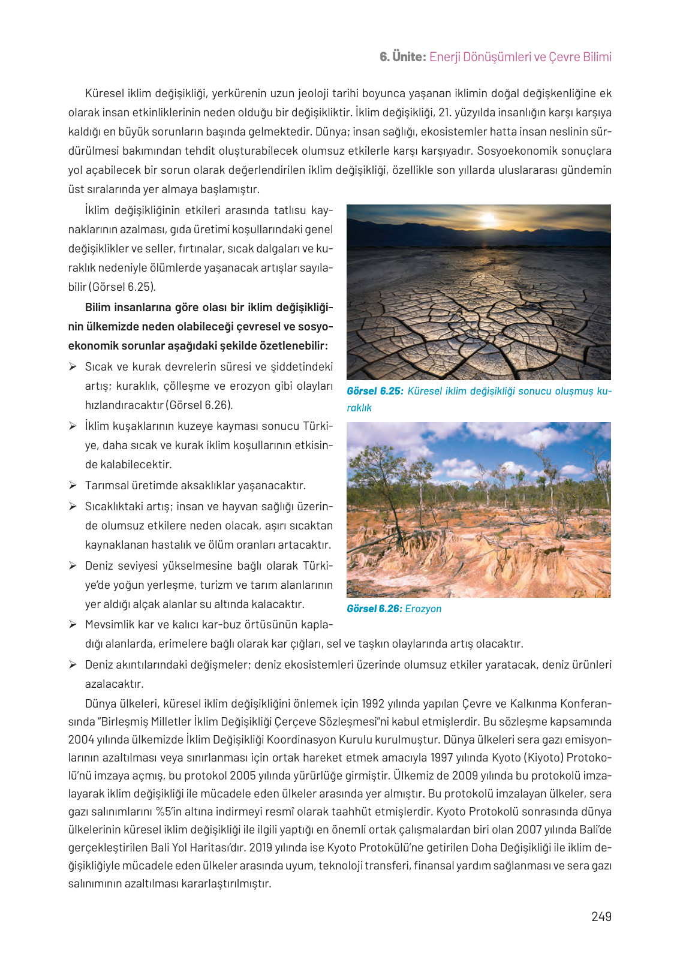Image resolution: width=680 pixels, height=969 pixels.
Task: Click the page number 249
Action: pos(601,916)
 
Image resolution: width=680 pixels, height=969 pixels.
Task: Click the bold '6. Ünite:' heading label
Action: pos(402,57)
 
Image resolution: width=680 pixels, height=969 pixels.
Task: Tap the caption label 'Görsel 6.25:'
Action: pos(375,391)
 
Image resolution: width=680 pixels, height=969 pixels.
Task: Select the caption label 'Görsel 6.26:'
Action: pos(374,609)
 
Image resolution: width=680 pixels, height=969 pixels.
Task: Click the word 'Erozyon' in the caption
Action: pos(423,609)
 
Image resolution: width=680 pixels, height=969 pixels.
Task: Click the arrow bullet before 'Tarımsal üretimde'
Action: pos(73,485)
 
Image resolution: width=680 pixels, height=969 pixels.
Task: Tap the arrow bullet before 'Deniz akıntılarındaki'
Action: pos(73,664)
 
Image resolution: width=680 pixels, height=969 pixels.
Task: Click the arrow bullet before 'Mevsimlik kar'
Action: pos(73,624)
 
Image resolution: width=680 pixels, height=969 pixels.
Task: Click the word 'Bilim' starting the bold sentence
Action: pos(98,307)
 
